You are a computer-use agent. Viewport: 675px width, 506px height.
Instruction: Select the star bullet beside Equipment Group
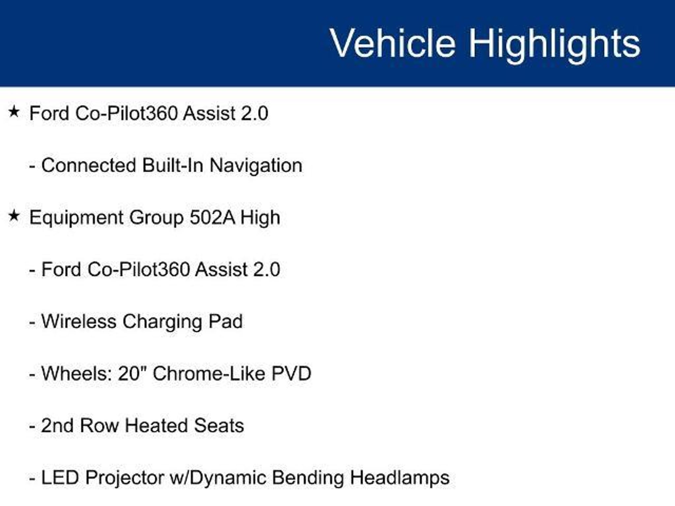click(14, 216)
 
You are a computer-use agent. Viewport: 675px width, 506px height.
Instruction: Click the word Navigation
click(256, 166)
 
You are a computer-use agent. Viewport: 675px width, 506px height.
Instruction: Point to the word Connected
click(88, 165)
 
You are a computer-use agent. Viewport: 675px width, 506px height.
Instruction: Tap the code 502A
click(212, 217)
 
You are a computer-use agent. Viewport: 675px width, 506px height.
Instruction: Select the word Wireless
click(79, 321)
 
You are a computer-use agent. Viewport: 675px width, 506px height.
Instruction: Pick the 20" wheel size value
click(132, 373)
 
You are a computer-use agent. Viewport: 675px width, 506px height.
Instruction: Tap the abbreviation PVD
click(291, 374)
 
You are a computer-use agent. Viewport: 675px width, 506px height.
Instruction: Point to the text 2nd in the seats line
click(57, 425)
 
